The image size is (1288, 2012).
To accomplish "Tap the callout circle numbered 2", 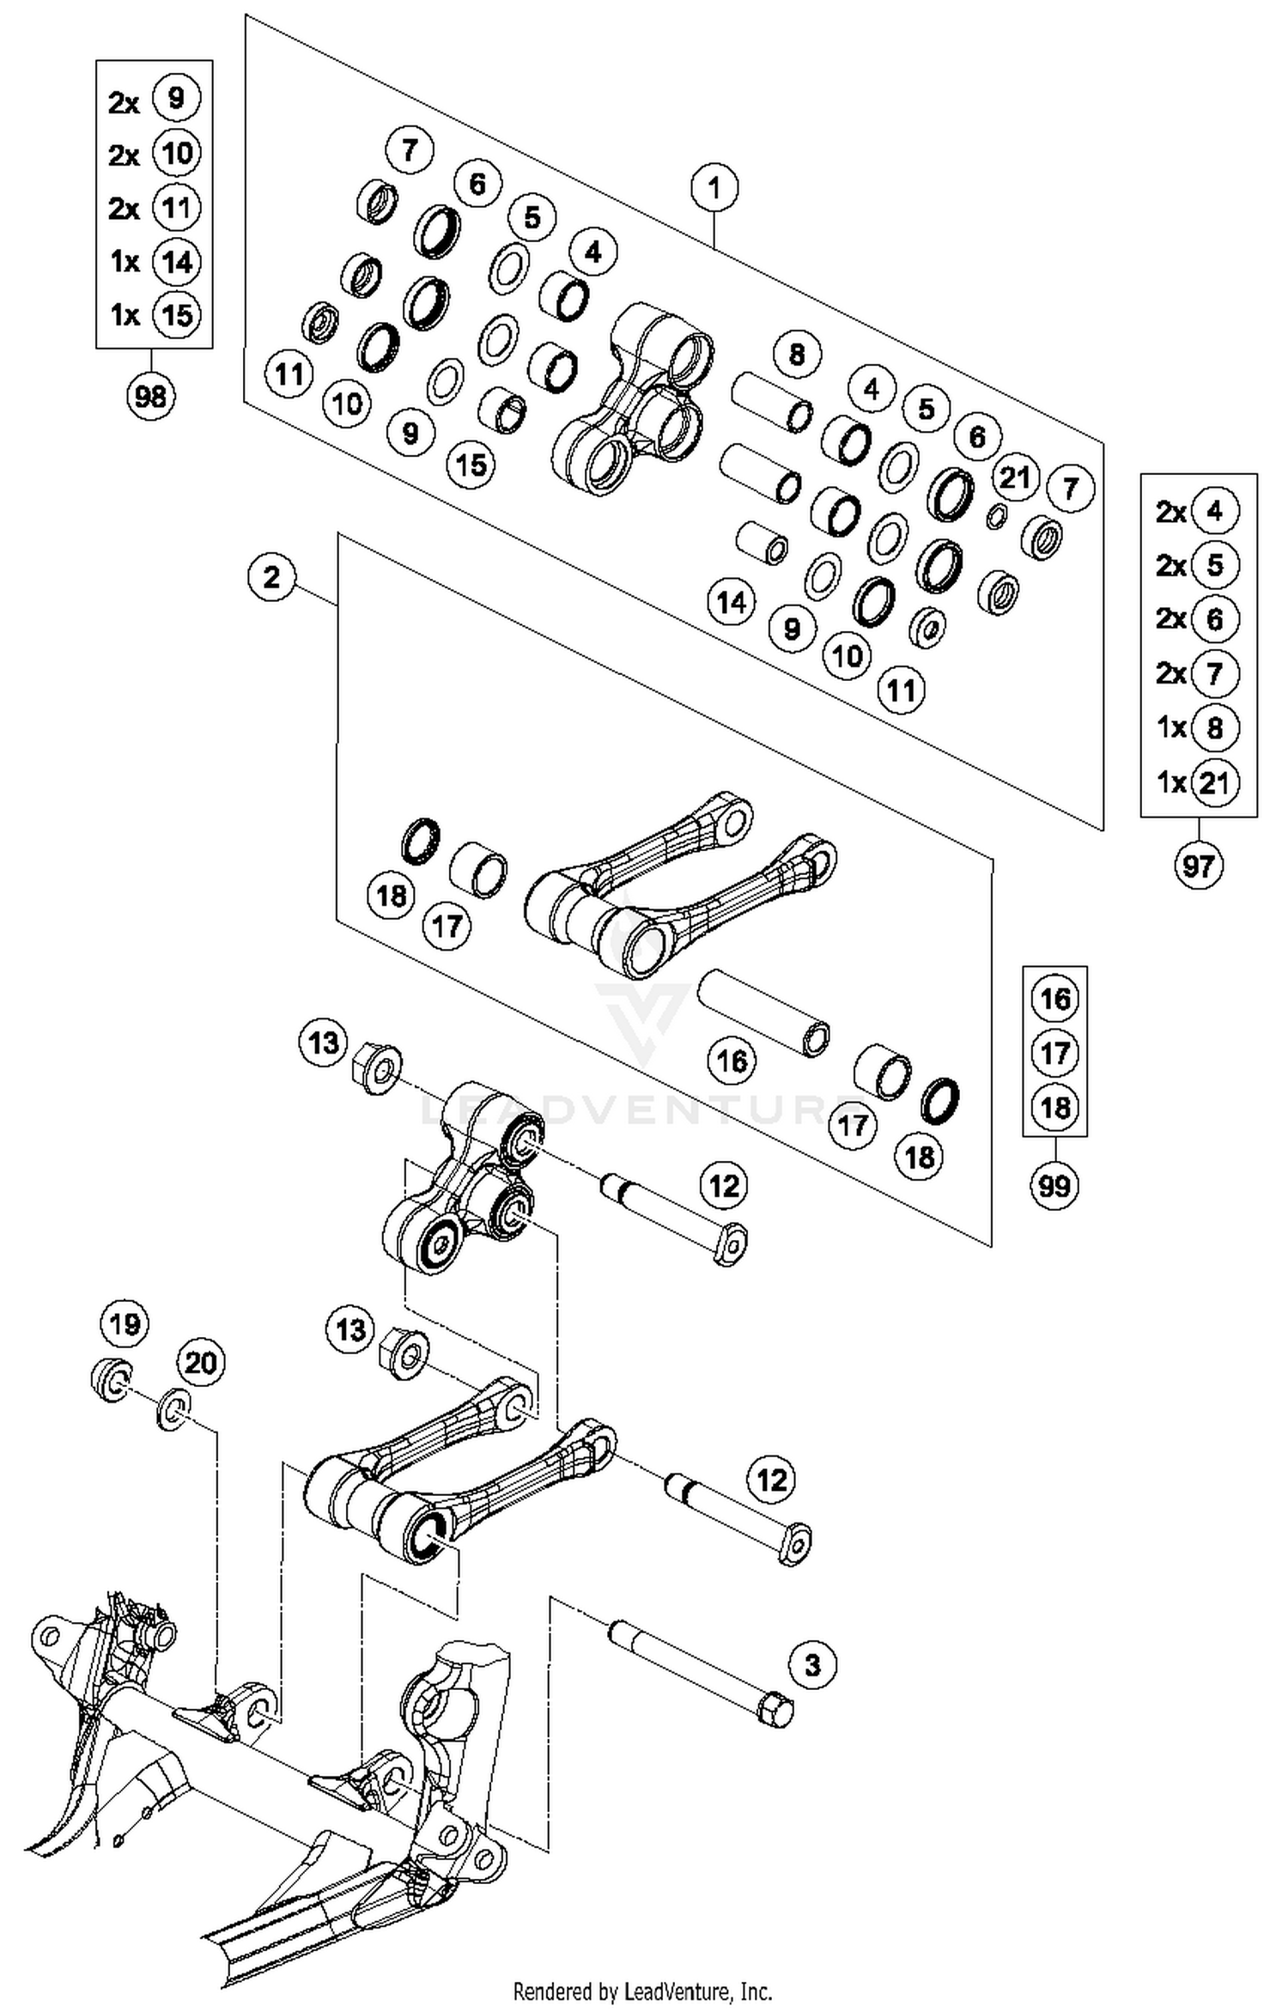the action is click(x=271, y=577).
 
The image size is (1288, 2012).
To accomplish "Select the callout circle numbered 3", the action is click(x=811, y=1666).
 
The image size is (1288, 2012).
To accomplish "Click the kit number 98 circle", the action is click(x=150, y=397).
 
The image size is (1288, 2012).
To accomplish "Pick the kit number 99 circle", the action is click(x=1054, y=1186).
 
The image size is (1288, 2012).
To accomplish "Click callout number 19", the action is click(x=125, y=1323).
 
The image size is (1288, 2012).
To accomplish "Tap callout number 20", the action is click(x=200, y=1363).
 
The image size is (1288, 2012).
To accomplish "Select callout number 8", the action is click(x=796, y=354).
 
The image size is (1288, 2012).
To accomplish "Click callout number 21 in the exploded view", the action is click(x=1015, y=477).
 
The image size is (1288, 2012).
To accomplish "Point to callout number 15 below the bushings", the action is click(x=471, y=465).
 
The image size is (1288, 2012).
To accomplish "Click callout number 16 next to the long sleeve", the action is click(x=732, y=1061).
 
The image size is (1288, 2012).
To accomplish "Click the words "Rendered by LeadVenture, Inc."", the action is click(x=642, y=1991).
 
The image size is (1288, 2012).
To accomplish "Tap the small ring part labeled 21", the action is click(x=996, y=516).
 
